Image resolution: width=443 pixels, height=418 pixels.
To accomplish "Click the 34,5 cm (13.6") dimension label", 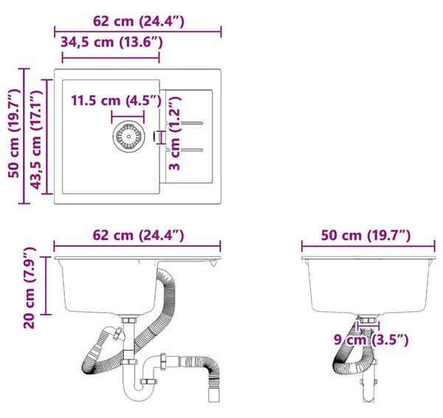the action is click(x=111, y=42).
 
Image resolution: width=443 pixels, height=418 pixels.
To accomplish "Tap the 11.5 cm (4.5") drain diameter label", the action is click(x=116, y=100).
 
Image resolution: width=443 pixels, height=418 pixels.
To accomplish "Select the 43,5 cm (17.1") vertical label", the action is click(x=36, y=140).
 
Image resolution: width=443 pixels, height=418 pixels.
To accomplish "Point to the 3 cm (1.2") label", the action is click(x=174, y=133).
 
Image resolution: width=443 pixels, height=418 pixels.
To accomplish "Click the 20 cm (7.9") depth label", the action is click(x=29, y=288).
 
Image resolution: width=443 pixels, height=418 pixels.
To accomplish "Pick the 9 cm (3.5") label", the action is click(x=371, y=340).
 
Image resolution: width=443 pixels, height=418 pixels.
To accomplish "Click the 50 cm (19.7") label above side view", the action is click(x=365, y=236).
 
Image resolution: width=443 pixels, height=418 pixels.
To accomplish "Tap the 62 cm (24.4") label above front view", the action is click(x=139, y=236).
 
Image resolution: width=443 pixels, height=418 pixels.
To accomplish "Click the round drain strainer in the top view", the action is click(x=128, y=137).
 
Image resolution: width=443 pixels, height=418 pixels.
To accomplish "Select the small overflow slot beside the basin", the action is click(x=154, y=137).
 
